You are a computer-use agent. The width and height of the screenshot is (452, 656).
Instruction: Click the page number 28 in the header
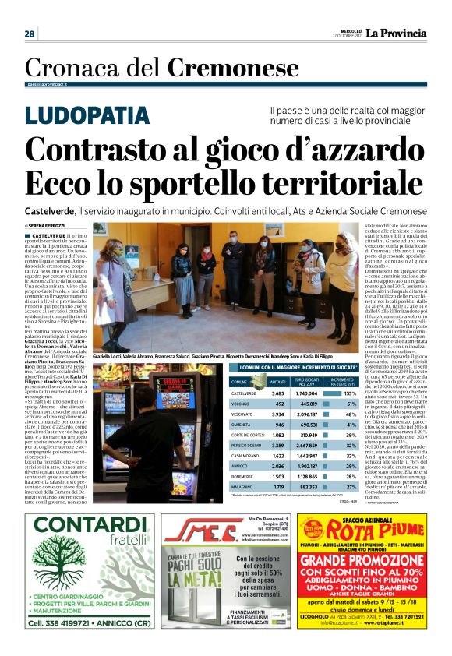[30, 34]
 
